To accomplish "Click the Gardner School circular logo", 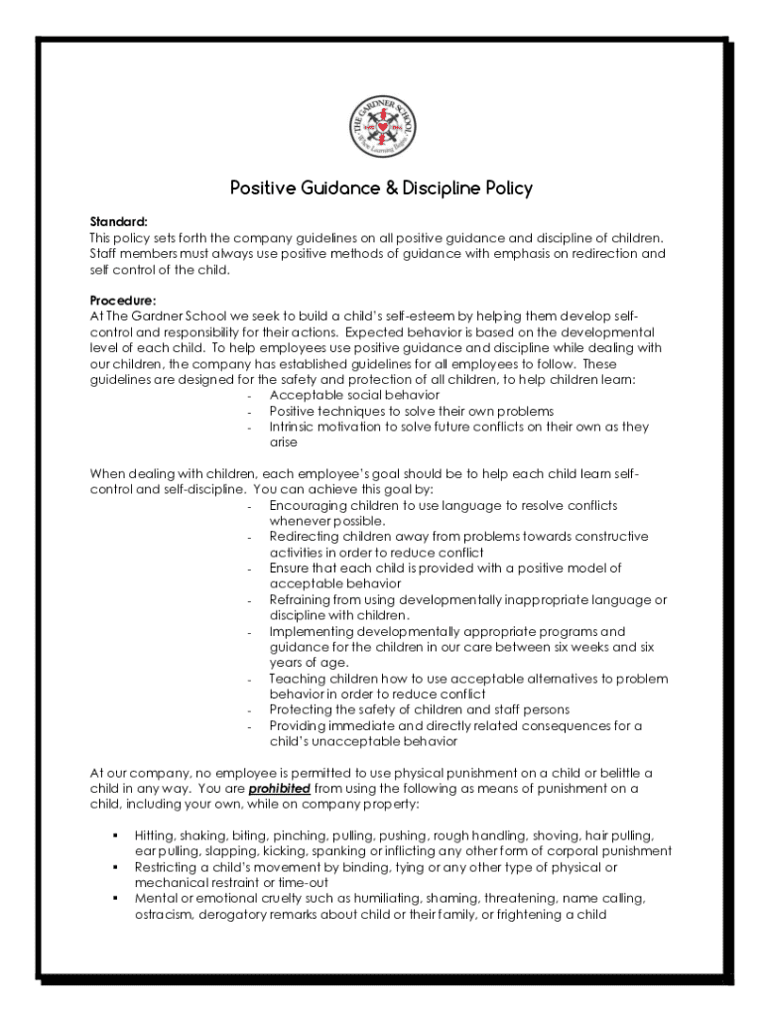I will click(x=383, y=127).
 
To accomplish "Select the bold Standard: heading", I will click(x=118, y=221).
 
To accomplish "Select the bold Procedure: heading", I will click(x=123, y=300).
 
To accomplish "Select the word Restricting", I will click(x=166, y=867).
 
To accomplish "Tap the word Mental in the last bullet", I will click(x=156, y=899).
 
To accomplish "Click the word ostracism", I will click(x=164, y=915).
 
